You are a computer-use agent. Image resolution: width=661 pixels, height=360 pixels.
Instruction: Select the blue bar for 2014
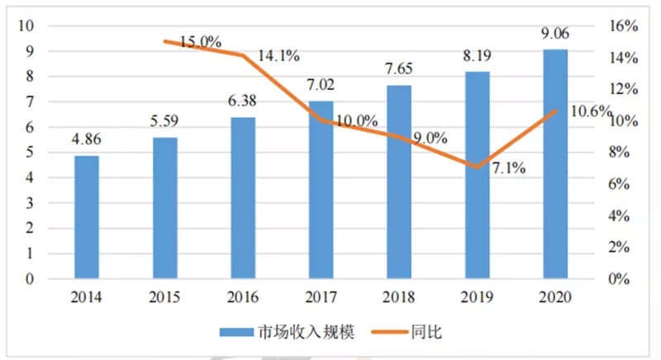pyautogui.click(x=86, y=217)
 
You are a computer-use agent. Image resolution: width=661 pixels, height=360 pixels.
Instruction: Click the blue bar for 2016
pyautogui.click(x=243, y=198)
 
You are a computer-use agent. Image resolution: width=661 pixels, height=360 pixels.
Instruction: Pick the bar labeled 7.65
pyautogui.click(x=399, y=182)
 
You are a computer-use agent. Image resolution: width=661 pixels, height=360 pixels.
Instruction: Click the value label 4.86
pyautogui.click(x=86, y=142)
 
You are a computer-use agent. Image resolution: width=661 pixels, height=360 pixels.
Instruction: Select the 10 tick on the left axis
pyautogui.click(x=27, y=26)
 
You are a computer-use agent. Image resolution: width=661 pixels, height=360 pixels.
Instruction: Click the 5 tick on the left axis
pyautogui.click(x=31, y=153)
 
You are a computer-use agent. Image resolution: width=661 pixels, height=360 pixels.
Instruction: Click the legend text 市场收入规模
pyautogui.click(x=311, y=332)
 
